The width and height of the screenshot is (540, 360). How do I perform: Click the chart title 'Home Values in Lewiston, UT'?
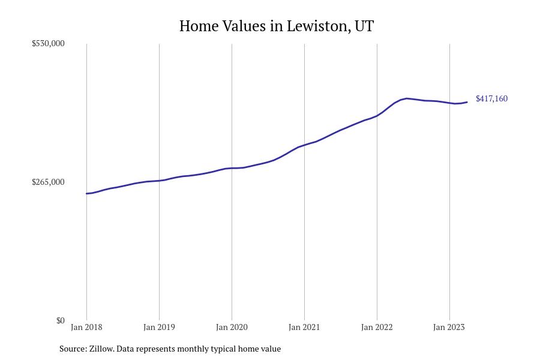tap(276, 26)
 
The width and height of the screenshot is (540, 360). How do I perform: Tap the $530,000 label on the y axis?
tap(48, 43)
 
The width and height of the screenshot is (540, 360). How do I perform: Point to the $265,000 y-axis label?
tap(48, 182)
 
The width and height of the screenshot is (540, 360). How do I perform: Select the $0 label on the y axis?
tap(60, 320)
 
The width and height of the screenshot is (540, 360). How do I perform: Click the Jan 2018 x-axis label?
tap(86, 327)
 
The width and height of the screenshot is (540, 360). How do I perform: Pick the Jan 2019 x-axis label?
tap(159, 327)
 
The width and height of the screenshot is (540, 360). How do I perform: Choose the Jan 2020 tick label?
tap(232, 327)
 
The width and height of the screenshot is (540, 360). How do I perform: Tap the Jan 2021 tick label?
tap(304, 327)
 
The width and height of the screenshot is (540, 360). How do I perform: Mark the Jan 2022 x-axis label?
tap(377, 327)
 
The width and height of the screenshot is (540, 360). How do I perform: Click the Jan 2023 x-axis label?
tap(449, 327)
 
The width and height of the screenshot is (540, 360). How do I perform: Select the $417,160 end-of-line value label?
tap(491, 98)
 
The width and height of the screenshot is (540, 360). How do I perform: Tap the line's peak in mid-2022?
tap(407, 98)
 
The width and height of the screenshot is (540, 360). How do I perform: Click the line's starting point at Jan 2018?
tap(86, 193)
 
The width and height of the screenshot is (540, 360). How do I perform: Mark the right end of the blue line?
tap(467, 102)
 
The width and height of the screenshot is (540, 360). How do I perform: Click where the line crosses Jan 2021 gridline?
tap(304, 145)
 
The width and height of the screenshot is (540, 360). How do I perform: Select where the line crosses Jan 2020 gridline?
tap(232, 168)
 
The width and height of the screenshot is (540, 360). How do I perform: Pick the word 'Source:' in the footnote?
tap(73, 349)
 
